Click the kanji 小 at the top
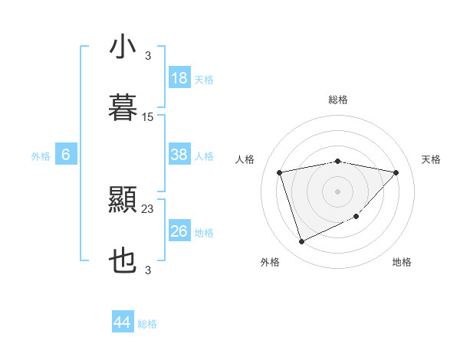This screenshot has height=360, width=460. [123, 47]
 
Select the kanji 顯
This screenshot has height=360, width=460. [123, 201]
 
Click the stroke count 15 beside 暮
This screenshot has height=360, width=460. [148, 117]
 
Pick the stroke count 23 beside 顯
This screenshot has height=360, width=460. [148, 209]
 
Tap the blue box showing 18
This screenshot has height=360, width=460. [179, 78]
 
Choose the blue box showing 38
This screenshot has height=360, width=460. [179, 155]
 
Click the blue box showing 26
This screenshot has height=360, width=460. [179, 231]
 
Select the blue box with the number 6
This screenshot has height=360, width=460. [66, 155]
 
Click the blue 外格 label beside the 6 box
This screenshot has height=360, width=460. [41, 156]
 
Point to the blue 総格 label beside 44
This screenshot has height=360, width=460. [147, 324]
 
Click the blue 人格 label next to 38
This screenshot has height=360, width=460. [204, 156]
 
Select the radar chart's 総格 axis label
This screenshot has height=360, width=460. [338, 100]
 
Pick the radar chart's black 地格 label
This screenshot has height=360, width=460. [402, 262]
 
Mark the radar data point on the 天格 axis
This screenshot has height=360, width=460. [396, 172]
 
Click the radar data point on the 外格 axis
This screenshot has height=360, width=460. [301, 242]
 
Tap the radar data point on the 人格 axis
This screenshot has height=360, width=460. [280, 172]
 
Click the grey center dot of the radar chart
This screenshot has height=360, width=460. [338, 191]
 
